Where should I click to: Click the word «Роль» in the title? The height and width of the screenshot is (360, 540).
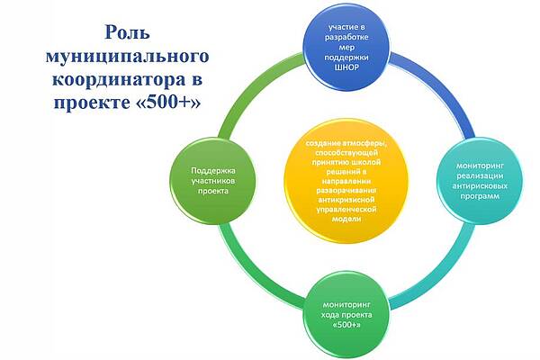[x=127, y=32]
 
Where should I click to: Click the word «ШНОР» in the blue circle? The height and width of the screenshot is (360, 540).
[x=346, y=67]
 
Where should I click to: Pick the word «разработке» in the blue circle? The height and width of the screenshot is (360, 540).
[x=346, y=37]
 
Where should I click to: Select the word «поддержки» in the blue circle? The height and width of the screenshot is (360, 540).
[x=346, y=58]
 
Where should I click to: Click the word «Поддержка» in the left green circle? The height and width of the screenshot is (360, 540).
[x=213, y=170]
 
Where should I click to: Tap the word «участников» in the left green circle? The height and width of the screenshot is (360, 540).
[x=213, y=181]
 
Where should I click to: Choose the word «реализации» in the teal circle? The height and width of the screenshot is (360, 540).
[x=480, y=175]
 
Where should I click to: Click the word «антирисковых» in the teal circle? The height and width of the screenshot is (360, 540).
[x=480, y=185]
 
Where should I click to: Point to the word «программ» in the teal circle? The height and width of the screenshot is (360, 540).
[x=480, y=196]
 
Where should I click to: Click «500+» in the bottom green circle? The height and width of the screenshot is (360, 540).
[x=347, y=325]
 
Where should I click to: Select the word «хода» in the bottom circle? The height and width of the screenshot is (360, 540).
[x=330, y=314]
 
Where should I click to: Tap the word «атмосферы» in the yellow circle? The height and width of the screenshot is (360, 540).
[x=365, y=143]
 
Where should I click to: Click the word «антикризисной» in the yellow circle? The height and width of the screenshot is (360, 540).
[x=346, y=200]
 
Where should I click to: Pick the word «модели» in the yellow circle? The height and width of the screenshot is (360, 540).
[x=346, y=219]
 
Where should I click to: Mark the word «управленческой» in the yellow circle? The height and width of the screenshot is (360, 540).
[x=346, y=209]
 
